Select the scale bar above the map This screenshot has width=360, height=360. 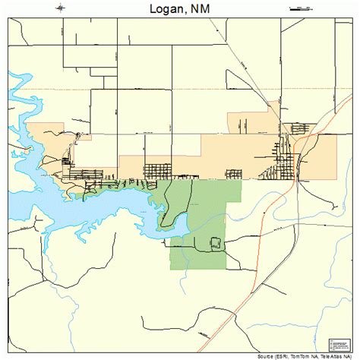click(301, 8)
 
